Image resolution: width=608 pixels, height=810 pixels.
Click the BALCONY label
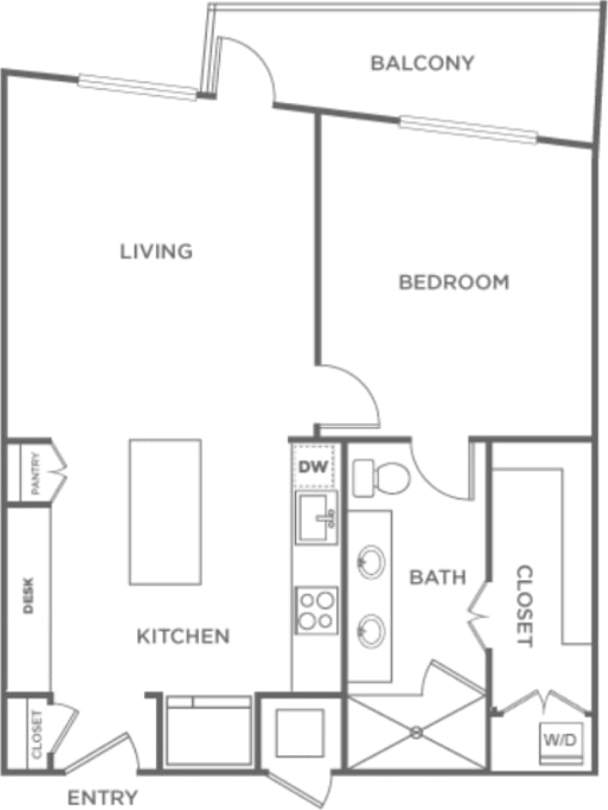click(x=422, y=63)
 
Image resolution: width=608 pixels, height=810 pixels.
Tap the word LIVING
click(x=156, y=252)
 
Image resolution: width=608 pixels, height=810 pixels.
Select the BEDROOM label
click(x=454, y=282)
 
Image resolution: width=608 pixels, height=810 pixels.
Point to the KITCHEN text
click(x=184, y=637)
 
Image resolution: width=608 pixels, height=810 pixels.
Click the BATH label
click(x=437, y=578)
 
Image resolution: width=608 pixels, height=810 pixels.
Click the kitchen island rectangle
click(x=165, y=513)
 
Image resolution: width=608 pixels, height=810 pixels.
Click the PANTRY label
click(x=35, y=473)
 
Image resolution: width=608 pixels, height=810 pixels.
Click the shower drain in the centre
click(x=416, y=732)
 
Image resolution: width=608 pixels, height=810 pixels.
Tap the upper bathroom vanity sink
click(x=370, y=562)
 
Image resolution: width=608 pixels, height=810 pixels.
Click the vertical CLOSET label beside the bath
click(x=523, y=605)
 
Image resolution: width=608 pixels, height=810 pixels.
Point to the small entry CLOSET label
click(x=37, y=734)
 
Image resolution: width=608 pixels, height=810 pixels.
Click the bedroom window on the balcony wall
click(x=468, y=129)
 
